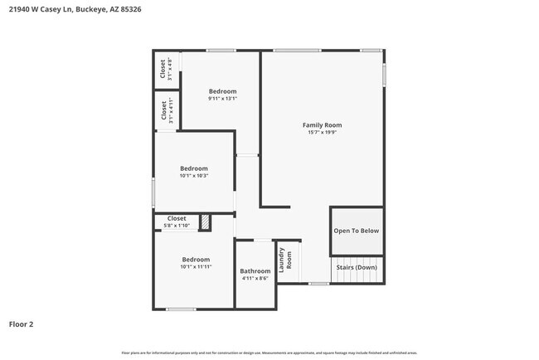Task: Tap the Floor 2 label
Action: (22, 324)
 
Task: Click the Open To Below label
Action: (357, 231)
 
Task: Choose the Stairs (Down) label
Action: (357, 267)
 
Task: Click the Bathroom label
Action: (255, 271)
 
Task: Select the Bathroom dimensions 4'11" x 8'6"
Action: (255, 279)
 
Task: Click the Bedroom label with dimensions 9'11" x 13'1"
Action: (222, 91)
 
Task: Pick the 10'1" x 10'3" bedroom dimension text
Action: (194, 175)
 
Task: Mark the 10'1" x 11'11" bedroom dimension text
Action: (195, 266)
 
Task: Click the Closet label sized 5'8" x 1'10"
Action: (177, 219)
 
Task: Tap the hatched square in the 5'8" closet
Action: (205, 222)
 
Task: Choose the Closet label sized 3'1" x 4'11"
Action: (163, 111)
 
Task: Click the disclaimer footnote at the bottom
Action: (269, 352)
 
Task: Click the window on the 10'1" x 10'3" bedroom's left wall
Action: (153, 192)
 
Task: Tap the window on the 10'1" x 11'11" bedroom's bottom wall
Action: (181, 309)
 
